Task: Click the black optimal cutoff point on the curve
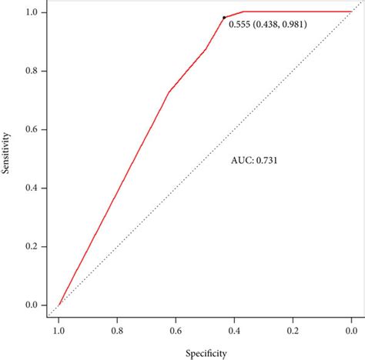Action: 224,17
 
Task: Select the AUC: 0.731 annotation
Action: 255,161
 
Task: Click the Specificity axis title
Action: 204,353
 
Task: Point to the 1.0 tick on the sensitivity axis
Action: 31,12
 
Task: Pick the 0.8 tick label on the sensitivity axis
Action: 31,71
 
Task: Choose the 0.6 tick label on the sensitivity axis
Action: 31,129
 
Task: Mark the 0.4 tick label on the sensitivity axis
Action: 31,188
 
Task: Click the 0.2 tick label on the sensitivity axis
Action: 31,246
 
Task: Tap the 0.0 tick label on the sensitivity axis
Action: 31,305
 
